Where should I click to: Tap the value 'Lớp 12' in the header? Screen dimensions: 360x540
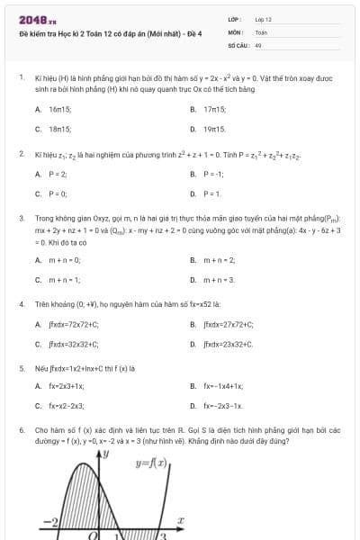(263, 19)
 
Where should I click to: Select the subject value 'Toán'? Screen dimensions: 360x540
(261, 31)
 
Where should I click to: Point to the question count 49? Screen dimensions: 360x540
(258, 43)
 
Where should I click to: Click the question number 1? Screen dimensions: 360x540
(21, 78)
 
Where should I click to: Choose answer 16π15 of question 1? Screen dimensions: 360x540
(59, 109)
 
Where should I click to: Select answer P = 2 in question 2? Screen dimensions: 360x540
(58, 174)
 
